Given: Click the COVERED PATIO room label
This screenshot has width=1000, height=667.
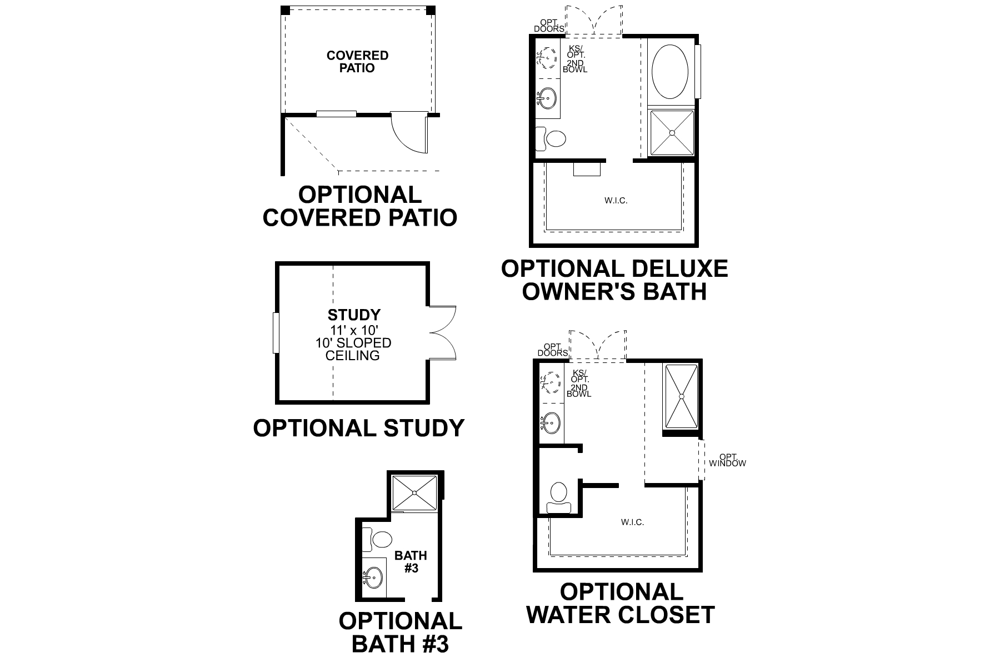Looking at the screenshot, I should pos(357,62).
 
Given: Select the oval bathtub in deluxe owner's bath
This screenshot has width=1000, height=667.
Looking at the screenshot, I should pos(669,72).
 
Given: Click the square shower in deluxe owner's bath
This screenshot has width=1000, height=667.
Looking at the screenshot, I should pos(672,133).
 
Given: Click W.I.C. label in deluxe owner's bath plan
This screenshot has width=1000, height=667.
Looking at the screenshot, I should pos(616,200).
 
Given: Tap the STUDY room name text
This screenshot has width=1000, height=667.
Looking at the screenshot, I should pos(354,315).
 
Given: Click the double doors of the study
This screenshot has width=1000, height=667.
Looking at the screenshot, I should pos(443,332).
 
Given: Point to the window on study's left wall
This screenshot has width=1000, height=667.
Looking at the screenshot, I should pos(276,332).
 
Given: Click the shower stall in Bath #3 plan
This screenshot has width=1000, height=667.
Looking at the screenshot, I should pos(415,492).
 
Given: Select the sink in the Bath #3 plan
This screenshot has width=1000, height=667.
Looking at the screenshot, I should pos(373,578).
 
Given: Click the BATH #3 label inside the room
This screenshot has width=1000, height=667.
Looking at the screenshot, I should pos(411,561).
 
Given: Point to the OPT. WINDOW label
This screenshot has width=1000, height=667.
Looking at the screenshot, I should pos(727,460).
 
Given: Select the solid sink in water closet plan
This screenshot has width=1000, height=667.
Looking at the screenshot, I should pos(551,423).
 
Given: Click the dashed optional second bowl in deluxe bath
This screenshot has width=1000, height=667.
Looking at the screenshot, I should pos(549,57).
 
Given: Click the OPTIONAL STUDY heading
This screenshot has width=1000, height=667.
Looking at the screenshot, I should pos(358,428).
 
